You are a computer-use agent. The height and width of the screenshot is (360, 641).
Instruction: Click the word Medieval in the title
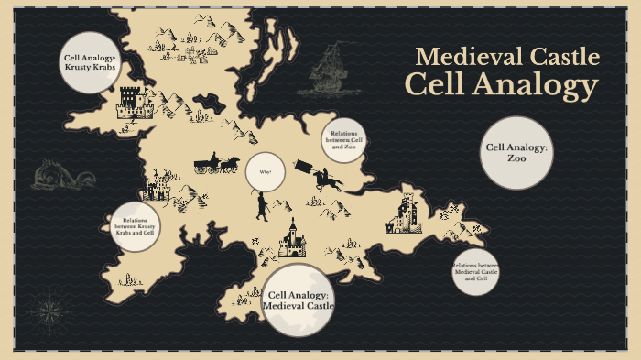[x=461, y=57]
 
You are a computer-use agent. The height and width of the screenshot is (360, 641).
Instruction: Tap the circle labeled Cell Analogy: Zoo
[x=516, y=152]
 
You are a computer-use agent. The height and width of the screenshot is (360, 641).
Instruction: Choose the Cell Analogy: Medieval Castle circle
[x=299, y=300]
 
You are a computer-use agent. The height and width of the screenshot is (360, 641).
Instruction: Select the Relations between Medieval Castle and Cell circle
[x=475, y=272]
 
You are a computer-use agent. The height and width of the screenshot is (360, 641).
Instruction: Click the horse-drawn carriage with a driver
[x=216, y=164]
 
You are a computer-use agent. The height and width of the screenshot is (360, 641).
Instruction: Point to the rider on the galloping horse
[x=327, y=179]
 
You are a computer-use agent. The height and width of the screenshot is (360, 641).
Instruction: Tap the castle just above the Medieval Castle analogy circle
[x=292, y=240]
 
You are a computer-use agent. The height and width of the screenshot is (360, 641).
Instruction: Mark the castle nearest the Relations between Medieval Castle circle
[x=404, y=213]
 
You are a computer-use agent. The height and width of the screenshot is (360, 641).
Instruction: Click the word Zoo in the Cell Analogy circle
[x=516, y=158]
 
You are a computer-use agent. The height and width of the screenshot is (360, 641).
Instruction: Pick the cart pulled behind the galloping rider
[x=301, y=169]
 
